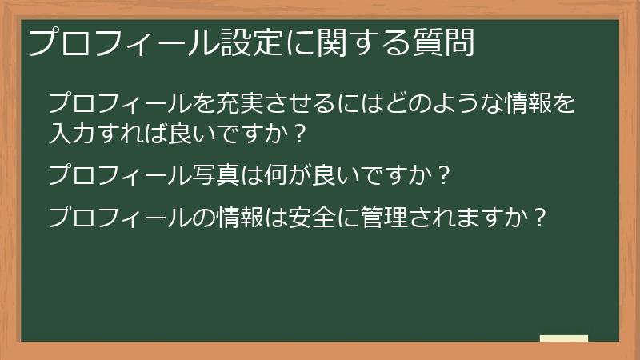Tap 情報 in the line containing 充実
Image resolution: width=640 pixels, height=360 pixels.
(527, 104)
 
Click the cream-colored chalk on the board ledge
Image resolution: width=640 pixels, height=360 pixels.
(563, 338)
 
